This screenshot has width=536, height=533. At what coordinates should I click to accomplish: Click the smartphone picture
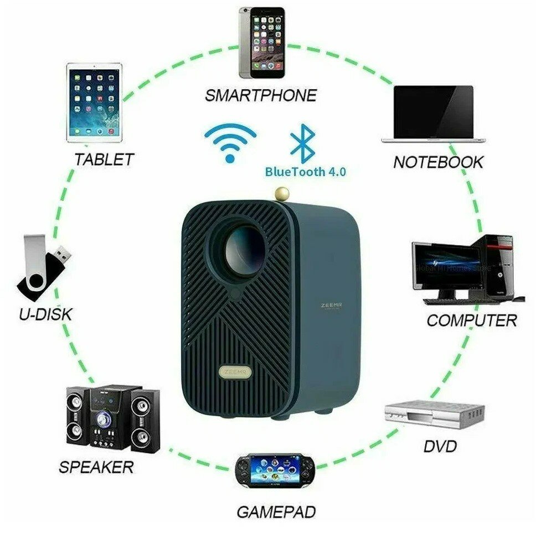pyautogui.click(x=261, y=43)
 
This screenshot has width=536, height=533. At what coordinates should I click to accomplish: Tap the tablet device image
pyautogui.click(x=94, y=102)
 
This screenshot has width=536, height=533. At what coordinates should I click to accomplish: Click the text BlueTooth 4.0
pyautogui.click(x=306, y=172)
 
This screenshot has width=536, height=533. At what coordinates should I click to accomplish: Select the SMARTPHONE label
pyautogui.click(x=261, y=95)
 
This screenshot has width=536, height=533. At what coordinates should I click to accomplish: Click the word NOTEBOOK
pyautogui.click(x=438, y=162)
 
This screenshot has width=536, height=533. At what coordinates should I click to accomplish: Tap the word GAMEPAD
pyautogui.click(x=276, y=512)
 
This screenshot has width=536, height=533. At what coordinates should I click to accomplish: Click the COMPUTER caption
pyautogui.click(x=472, y=320)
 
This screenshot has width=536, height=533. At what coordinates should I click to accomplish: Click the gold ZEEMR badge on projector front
pyautogui.click(x=235, y=371)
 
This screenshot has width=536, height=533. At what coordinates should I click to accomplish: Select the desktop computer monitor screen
pyautogui.click(x=446, y=267)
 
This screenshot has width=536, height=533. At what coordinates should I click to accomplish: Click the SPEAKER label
pyautogui.click(x=96, y=467)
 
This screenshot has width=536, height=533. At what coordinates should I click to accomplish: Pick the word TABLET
pyautogui.click(x=104, y=159)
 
